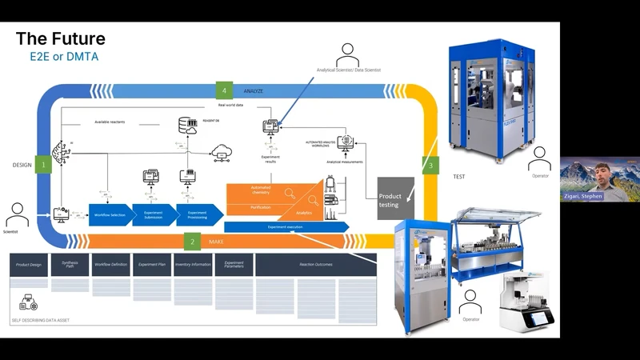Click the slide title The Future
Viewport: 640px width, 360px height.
click(61, 38)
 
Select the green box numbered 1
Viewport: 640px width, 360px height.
click(42, 165)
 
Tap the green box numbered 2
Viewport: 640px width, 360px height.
click(191, 241)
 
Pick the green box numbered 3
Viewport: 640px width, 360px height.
click(431, 166)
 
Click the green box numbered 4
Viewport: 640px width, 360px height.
click(225, 90)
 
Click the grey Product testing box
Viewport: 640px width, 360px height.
click(395, 198)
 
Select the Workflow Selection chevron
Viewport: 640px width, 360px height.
click(110, 215)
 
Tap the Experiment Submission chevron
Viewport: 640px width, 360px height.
click(153, 215)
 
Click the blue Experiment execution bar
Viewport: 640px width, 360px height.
click(286, 227)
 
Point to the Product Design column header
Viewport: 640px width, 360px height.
click(29, 265)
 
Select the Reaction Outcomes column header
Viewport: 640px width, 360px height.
click(315, 265)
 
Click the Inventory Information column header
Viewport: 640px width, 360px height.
click(193, 265)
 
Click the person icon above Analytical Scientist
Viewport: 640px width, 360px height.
click(348, 55)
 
